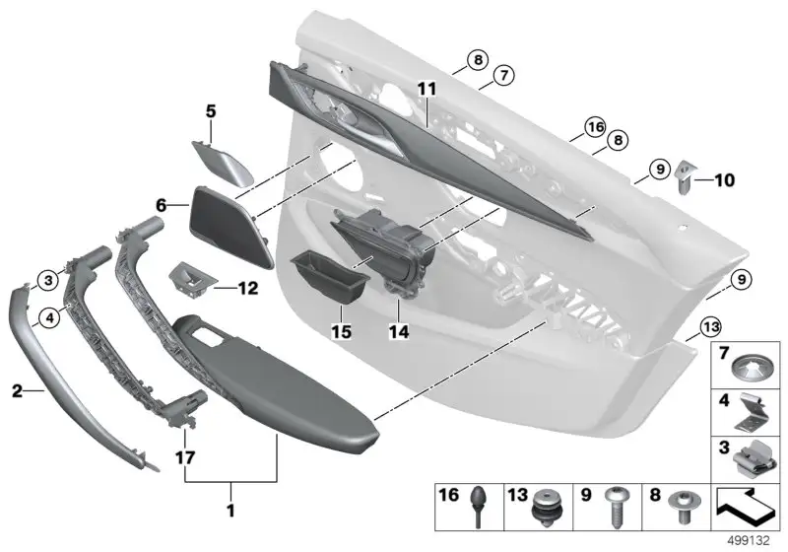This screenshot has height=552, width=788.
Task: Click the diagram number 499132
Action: pos(749,541)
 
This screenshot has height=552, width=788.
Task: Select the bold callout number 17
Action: pos(185,458)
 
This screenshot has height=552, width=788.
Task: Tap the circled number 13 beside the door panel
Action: pos(711,327)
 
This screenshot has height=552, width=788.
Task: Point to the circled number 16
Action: pos(596,127)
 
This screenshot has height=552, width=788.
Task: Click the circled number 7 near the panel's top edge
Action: pos(503,76)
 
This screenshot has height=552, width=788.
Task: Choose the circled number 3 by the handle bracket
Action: pos(48,280)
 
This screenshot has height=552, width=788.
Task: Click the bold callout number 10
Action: pos(725,179)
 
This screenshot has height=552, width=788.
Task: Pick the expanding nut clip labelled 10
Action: pos(685,176)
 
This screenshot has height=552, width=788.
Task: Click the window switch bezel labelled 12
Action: pos(192,279)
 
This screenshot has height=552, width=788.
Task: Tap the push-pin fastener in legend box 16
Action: pos(478,506)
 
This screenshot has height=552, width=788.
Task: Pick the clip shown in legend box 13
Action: pos(548,509)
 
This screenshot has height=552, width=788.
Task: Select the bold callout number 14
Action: pos(399,331)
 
